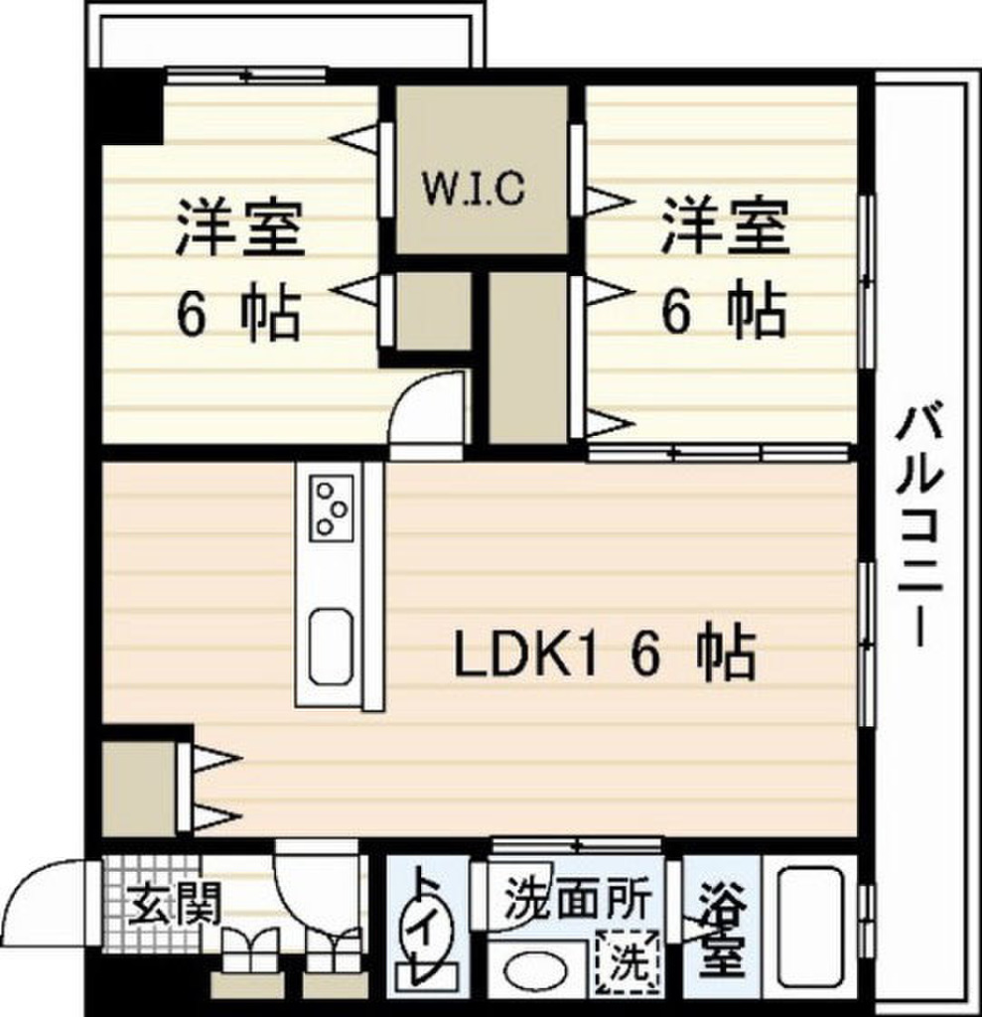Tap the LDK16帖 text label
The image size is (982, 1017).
click(605, 655)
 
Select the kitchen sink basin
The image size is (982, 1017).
click(330, 647)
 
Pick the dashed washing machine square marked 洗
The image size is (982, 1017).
click(627, 961)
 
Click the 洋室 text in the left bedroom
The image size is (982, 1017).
click(239, 228)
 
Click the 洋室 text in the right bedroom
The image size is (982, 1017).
click(725, 228)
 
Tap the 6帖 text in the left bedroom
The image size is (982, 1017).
click(239, 316)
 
